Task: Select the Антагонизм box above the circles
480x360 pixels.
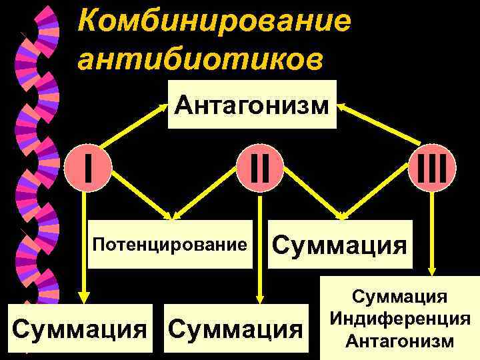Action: pos(252,105)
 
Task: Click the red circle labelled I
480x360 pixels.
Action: pos(88,169)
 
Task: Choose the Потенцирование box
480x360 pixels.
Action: pos(170,244)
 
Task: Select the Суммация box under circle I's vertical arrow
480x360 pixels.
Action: pos(80,328)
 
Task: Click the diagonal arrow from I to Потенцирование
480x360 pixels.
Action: pos(143,193)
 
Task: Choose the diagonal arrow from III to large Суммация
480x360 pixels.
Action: pos(380,183)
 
